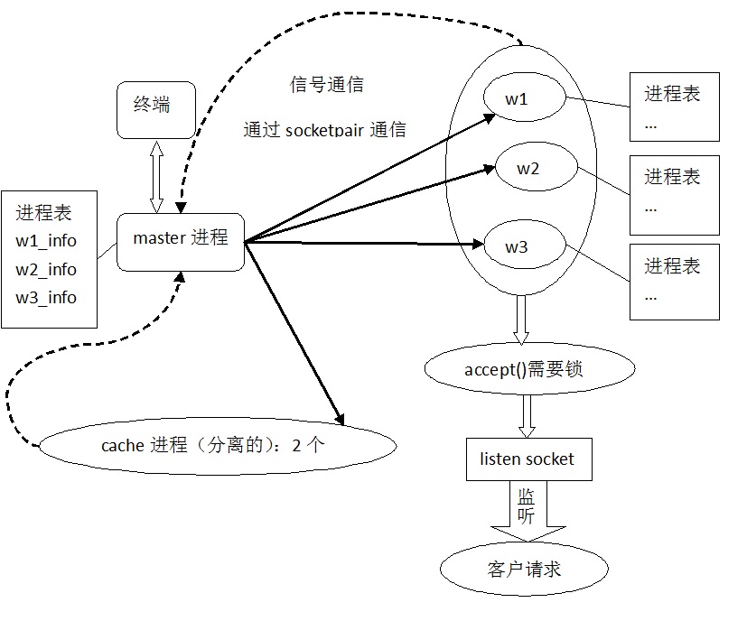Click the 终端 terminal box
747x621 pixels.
pos(155,109)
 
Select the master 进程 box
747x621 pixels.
pos(181,240)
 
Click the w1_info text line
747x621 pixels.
pos(46,241)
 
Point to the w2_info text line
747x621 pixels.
pos(46,269)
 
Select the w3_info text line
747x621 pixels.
pos(46,297)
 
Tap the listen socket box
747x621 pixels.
pos(527,459)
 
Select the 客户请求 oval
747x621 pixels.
pos(524,569)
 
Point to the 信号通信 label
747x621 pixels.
pos(326,86)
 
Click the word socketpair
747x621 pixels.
pos(324,130)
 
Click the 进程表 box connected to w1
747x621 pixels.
pos(674,108)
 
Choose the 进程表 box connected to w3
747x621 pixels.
pos(674,280)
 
